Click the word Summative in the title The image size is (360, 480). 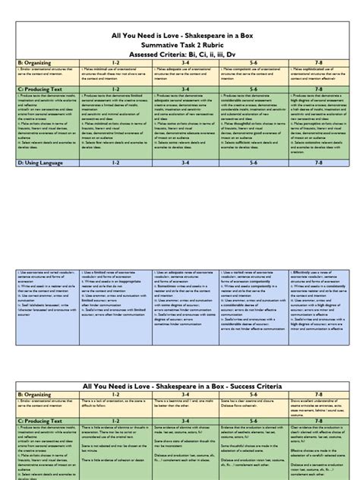point(152,45)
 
